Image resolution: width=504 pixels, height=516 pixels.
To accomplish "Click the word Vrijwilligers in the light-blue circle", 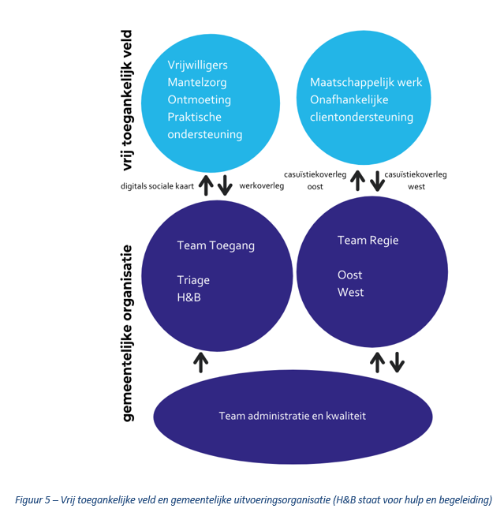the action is pos(197,65).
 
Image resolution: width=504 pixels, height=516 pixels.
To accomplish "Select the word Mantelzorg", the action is pos(197,82).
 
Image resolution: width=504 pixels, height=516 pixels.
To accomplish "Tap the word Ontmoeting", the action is pos(199,99).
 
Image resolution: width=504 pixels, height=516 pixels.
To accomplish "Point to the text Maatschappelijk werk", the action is pos(366,83).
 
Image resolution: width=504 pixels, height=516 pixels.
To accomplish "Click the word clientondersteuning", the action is pos(361,117).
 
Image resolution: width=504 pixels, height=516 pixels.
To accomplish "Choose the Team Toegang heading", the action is pos(216,246).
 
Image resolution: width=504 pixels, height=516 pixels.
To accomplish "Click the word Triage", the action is pos(193,280).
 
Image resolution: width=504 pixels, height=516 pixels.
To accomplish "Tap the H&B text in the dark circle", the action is pos(189,297).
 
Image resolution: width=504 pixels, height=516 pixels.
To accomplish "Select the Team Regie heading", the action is pos(368,241).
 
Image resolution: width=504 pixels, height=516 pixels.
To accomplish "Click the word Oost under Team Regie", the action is pos(349,275).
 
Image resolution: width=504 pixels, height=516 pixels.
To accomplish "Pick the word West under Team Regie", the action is pos(350,292).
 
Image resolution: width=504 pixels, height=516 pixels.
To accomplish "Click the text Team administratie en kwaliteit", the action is pos(292,416).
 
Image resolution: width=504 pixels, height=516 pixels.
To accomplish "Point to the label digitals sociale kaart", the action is pos(157,186).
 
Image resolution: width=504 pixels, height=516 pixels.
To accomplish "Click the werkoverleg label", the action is pos(262,186).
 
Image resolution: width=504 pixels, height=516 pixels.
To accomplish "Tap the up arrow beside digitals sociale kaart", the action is pos(207,185).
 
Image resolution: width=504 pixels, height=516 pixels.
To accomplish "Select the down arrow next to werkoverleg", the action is pos(225,185).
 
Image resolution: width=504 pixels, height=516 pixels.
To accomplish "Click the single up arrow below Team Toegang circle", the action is pos(200,362).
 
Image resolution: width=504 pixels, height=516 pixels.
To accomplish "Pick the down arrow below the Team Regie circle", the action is pos(397,362).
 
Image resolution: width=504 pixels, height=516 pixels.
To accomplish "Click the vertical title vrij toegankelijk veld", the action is pos(127,100).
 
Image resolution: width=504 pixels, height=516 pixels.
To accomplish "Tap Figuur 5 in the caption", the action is pos(32,500).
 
